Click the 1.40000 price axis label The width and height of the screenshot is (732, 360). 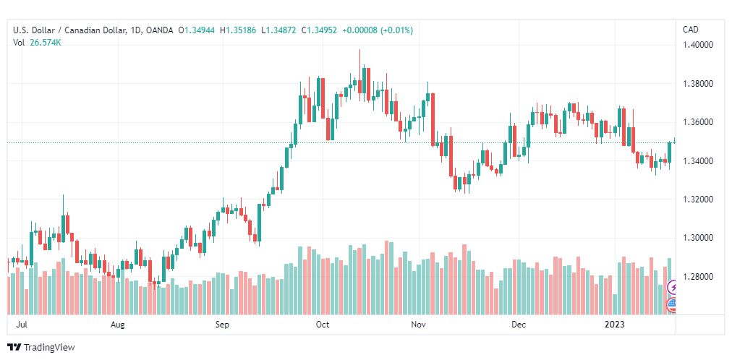pos(698,45)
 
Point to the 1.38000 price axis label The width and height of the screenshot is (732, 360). pos(698,84)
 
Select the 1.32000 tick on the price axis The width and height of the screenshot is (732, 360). pos(698,200)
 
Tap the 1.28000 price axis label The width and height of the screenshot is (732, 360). pos(698,277)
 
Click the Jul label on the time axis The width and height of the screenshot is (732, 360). pos(21,325)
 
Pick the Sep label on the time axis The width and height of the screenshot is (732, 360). pos(222,325)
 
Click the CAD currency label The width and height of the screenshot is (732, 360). pos(691,30)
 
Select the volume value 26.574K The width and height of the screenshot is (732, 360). pos(46,43)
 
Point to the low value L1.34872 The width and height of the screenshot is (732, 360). pos(278,30)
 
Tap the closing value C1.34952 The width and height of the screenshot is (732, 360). pos(319,30)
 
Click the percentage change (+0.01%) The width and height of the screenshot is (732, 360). pos(397,30)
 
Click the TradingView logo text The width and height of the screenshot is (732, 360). pos(49,348)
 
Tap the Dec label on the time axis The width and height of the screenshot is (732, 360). pos(518,325)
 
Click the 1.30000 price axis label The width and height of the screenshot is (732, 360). pos(698,239)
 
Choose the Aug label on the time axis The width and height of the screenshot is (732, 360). pos(118,325)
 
